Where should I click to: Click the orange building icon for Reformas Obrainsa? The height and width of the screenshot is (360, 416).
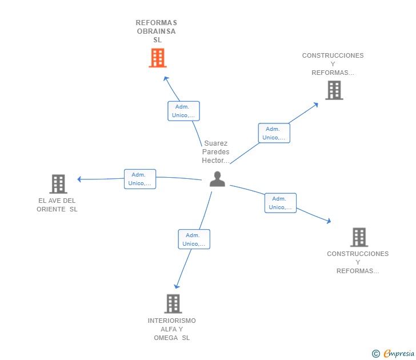158,58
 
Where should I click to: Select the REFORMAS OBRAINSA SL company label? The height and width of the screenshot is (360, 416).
156,31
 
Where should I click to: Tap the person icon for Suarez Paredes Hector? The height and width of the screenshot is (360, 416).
217,179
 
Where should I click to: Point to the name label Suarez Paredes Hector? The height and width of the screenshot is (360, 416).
215,152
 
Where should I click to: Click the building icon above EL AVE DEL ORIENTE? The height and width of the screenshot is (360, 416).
58,184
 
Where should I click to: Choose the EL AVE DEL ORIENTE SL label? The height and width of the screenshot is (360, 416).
57,205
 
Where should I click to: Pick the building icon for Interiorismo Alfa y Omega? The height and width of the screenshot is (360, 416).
173,303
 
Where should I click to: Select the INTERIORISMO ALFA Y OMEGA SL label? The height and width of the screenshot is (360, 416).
171,329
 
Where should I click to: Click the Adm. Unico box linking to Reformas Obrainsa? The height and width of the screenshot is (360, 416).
183,111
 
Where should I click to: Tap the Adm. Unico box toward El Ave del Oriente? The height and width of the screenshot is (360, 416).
140,179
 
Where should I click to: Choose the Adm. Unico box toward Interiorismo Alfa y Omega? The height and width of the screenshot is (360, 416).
194,239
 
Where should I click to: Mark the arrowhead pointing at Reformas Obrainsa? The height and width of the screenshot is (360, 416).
166,78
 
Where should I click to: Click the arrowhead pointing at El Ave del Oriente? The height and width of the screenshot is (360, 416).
79,179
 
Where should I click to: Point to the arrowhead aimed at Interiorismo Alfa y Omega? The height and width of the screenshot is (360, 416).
177,286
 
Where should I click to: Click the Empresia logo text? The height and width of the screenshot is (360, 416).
399,354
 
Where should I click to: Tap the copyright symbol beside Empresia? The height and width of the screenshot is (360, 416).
375,354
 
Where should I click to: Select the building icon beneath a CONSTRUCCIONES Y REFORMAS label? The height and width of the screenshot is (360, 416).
334,90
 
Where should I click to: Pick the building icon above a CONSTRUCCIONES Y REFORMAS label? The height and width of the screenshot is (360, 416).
359,237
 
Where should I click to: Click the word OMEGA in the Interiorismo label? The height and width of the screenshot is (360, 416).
166,338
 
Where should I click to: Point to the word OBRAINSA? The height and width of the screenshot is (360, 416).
156,31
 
